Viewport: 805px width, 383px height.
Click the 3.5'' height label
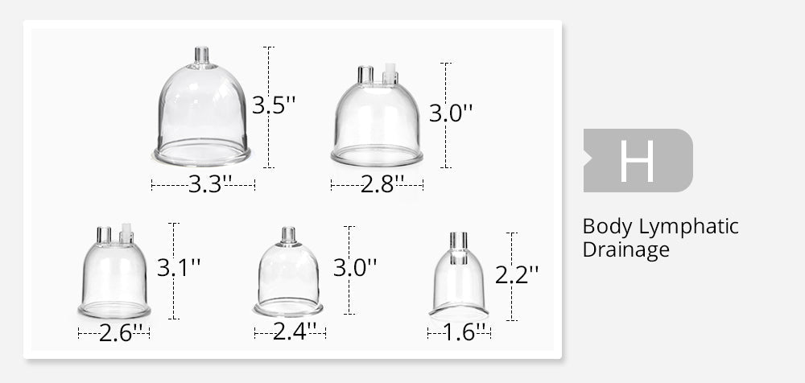click(274, 105)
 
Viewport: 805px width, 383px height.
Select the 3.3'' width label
click(210, 184)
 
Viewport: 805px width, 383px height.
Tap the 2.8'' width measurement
click(382, 184)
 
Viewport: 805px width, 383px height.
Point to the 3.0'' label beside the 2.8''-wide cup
click(450, 113)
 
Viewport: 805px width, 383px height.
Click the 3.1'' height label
click(178, 267)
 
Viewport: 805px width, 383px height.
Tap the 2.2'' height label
click(517, 275)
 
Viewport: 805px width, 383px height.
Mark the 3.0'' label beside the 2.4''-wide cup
click(355, 267)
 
